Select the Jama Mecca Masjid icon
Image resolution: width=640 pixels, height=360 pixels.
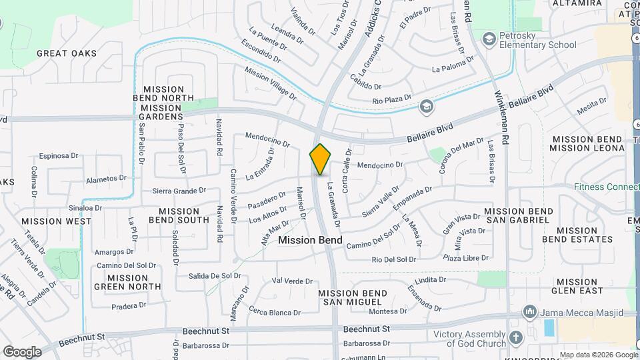530,311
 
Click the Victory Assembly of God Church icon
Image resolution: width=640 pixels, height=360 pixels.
515,338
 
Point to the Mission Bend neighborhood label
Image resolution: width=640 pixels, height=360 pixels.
311,240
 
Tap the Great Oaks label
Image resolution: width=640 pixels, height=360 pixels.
67,53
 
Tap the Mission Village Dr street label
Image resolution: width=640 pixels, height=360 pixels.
270,82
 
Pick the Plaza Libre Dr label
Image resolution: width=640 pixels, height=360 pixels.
467,257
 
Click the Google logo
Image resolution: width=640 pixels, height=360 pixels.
22,351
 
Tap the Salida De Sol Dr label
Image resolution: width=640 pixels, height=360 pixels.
214,276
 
